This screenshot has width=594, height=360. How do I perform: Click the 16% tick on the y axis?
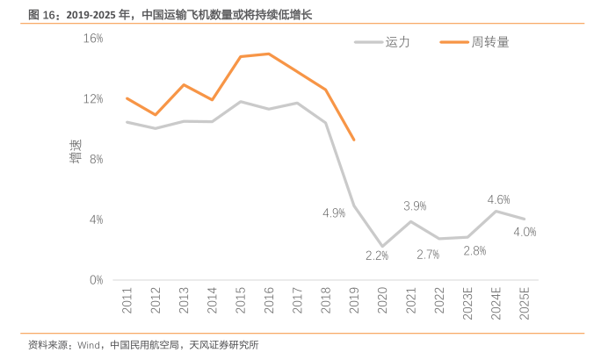point(93,39)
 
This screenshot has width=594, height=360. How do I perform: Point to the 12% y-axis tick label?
point(93,98)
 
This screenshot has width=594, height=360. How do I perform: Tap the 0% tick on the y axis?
point(96,280)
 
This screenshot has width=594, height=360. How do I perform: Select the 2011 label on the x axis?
point(127,300)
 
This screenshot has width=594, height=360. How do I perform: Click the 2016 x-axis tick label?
point(269,300)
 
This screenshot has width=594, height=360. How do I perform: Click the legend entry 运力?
point(397,40)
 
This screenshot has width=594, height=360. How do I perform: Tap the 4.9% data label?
point(334,212)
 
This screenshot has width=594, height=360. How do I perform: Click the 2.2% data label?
point(377,256)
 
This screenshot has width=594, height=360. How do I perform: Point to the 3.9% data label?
point(415,205)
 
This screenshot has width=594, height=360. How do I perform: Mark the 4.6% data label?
point(498,199)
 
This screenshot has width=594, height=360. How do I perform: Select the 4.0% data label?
point(525,232)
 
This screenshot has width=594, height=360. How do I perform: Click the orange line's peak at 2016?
point(269,54)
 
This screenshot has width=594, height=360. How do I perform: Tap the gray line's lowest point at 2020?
point(382,246)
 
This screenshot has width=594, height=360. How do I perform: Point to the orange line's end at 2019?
point(353,140)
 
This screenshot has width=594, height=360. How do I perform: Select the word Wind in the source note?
point(91,345)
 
